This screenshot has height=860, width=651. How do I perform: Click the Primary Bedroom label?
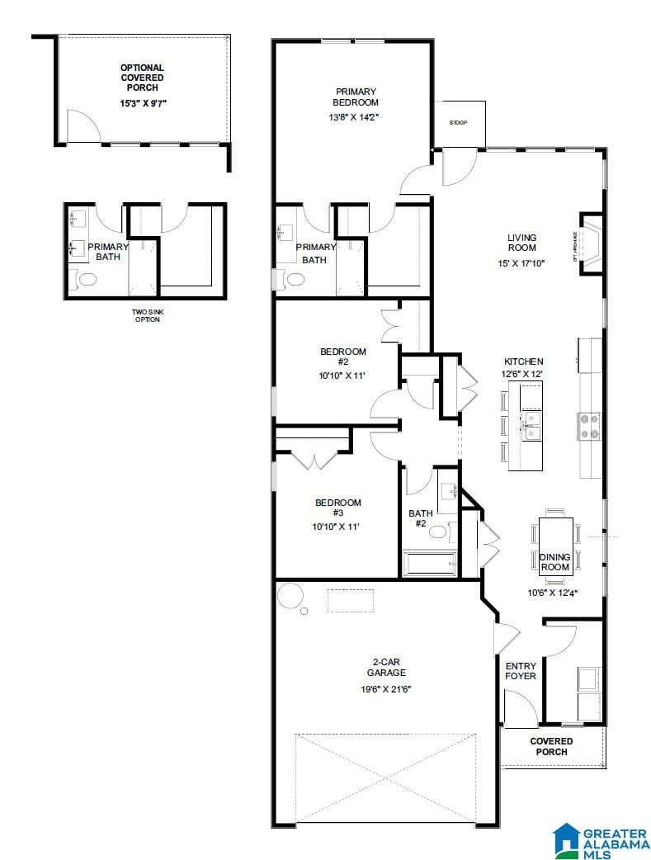tap(356, 97)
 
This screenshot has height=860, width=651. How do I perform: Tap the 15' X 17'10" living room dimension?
tap(521, 263)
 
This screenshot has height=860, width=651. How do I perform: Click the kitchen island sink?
tap(532, 426)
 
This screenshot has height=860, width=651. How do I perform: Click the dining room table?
tap(555, 545)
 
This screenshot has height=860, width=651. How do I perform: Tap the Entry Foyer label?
tap(521, 671)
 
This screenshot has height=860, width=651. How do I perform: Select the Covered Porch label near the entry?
tap(551, 746)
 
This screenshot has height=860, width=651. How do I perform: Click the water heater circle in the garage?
tap(290, 594)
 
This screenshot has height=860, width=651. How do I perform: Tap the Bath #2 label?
tap(420, 518)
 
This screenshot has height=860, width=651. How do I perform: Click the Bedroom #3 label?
tap(338, 508)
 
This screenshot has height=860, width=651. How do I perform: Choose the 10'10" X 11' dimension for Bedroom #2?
tap(343, 376)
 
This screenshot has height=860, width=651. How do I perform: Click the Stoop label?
tap(458, 123)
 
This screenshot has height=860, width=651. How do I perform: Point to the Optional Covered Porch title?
tap(142, 78)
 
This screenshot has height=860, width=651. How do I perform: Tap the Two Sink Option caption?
tap(146, 315)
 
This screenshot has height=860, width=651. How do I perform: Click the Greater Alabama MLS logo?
tap(601, 838)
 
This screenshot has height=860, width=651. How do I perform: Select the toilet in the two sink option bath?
tap(86, 280)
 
